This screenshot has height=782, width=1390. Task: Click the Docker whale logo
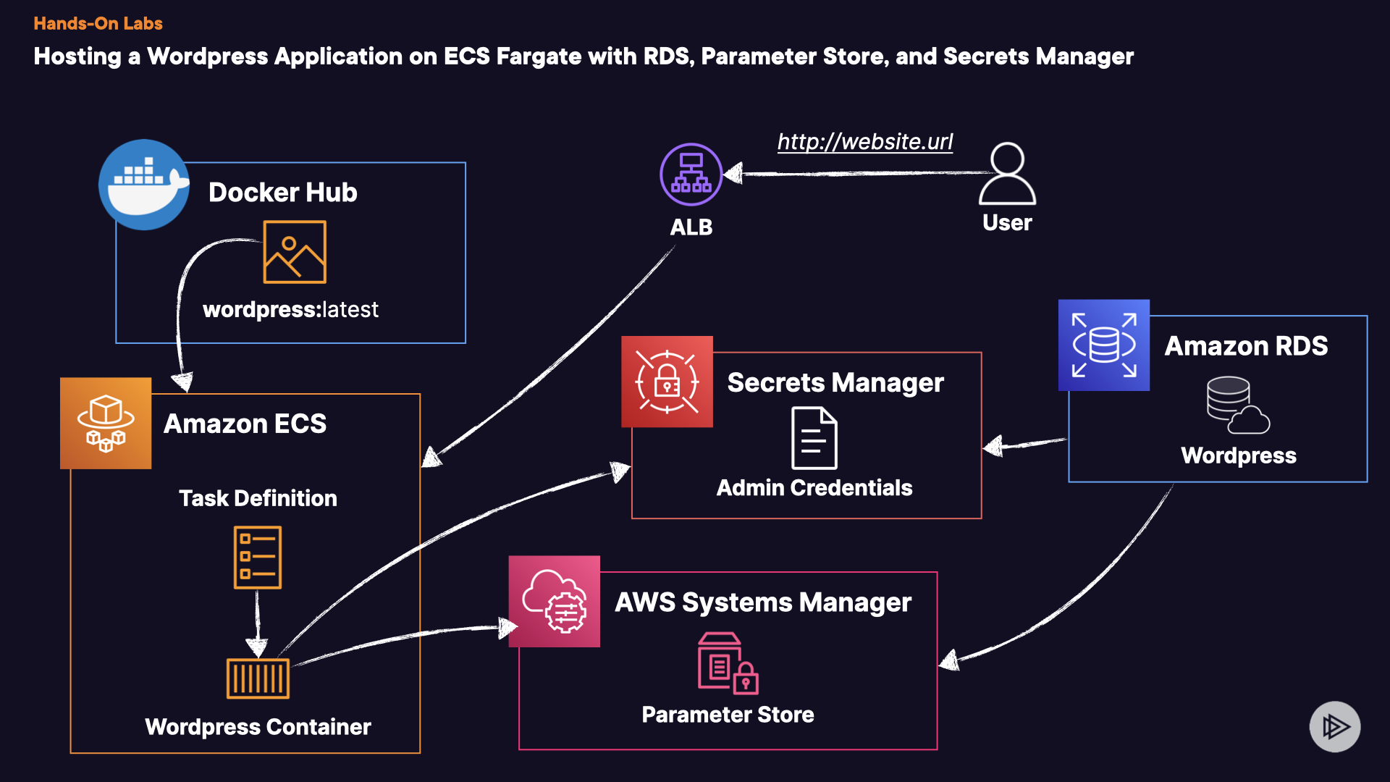144,185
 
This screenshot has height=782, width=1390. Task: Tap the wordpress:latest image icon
295,252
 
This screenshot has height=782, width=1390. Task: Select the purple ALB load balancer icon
691,175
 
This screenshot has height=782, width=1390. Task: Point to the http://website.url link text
865,141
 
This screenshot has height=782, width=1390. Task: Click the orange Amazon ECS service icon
106,423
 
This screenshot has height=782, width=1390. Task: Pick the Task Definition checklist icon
258,557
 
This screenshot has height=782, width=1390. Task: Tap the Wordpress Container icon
258,678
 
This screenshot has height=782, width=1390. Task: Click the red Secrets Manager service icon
667,382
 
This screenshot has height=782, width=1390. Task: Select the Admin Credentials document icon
814,438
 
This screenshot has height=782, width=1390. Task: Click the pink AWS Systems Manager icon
555,601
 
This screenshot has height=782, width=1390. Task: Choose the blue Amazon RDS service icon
1104,345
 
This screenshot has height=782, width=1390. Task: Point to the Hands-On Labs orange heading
98,23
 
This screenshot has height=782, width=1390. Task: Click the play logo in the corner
1335,726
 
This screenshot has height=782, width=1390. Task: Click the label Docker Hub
283,192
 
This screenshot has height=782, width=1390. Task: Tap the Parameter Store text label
728,715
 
